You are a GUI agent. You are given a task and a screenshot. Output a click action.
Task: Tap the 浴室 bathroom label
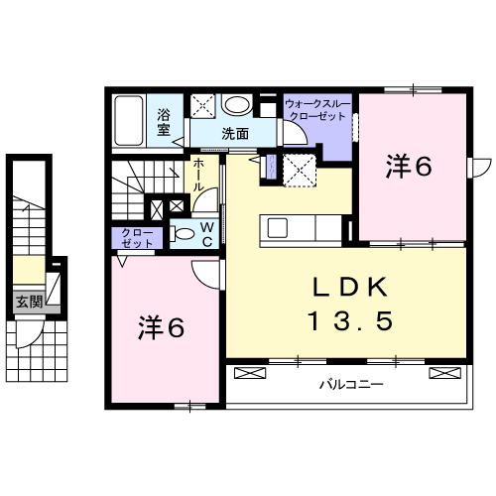[x=164, y=121]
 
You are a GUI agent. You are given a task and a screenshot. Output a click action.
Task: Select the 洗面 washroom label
[x=235, y=134]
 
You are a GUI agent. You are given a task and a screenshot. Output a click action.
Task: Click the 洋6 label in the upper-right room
[x=409, y=168]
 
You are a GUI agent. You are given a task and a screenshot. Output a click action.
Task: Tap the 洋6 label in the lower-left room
[x=161, y=326]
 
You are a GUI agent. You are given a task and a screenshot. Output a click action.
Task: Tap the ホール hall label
[x=199, y=174]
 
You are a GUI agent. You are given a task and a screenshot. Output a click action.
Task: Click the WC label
[x=208, y=235]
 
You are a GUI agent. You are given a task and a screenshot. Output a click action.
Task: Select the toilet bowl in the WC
[x=184, y=234]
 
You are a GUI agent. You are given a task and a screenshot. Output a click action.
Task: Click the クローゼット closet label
[x=138, y=239]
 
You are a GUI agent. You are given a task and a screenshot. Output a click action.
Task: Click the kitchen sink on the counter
[x=279, y=227]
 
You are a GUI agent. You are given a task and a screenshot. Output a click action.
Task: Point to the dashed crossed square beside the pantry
[x=300, y=170]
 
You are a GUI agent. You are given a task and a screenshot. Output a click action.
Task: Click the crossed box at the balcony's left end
[x=249, y=375]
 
